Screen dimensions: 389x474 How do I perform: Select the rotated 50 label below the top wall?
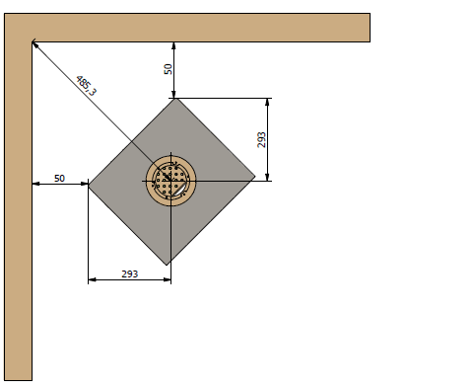click(168, 69)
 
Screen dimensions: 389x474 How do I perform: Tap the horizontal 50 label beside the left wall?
click(59, 179)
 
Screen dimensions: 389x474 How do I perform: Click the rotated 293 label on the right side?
click(261, 139)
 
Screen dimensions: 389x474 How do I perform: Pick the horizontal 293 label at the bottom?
click(129, 273)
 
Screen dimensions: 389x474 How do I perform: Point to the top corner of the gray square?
click(173, 98)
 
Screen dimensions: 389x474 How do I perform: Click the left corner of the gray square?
click(89, 184)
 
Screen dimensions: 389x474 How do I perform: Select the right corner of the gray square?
click(255, 179)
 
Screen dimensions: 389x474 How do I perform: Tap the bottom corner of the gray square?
click(169, 265)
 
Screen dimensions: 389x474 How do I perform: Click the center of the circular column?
click(171, 181)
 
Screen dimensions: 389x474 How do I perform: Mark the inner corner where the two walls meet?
click(33, 42)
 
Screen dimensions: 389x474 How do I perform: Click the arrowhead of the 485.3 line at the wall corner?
click(35, 45)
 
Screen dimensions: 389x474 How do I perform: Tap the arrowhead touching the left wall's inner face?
click(36, 184)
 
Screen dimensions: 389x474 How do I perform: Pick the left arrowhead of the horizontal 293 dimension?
click(93, 280)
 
